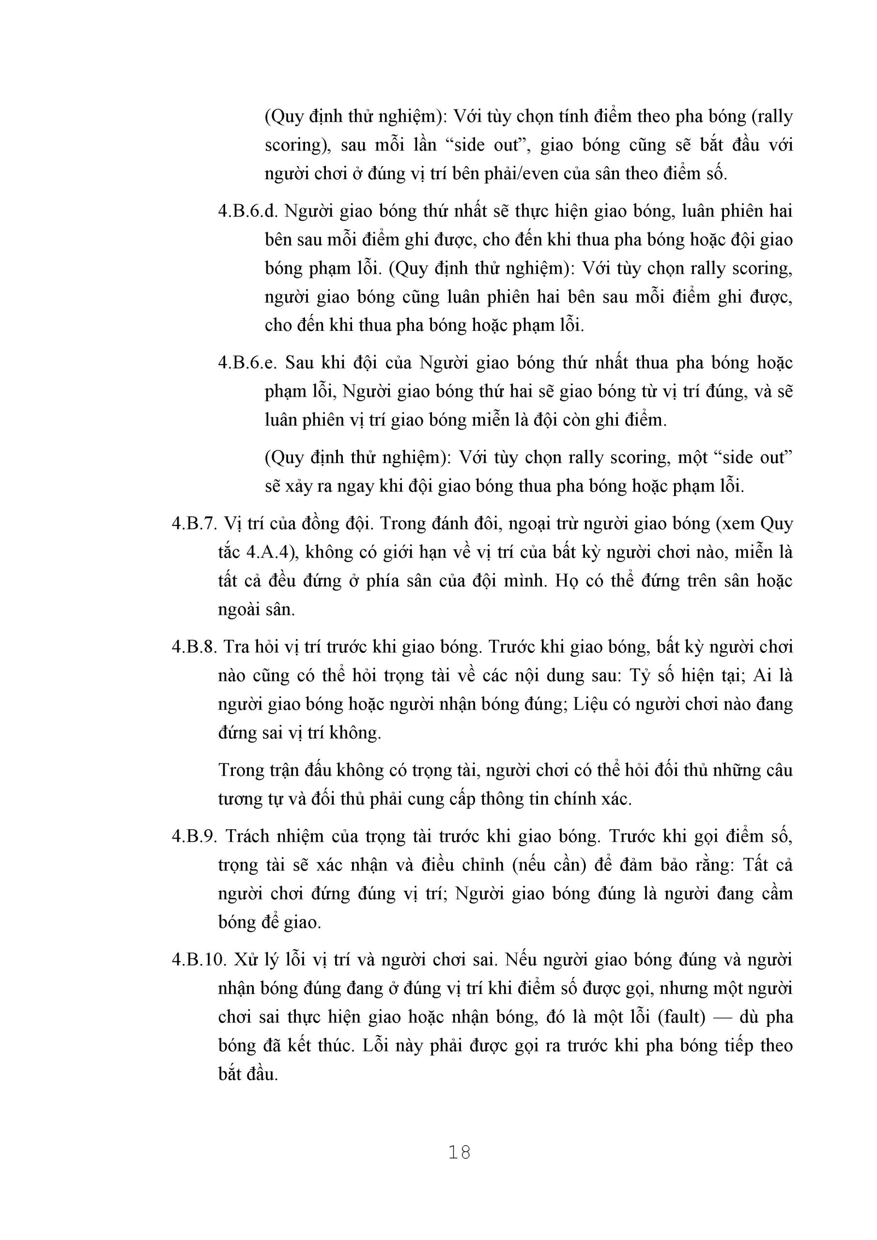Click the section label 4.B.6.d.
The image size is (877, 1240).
tap(247, 211)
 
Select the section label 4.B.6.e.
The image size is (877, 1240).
tap(247, 362)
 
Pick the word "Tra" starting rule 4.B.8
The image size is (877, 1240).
tap(235, 647)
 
